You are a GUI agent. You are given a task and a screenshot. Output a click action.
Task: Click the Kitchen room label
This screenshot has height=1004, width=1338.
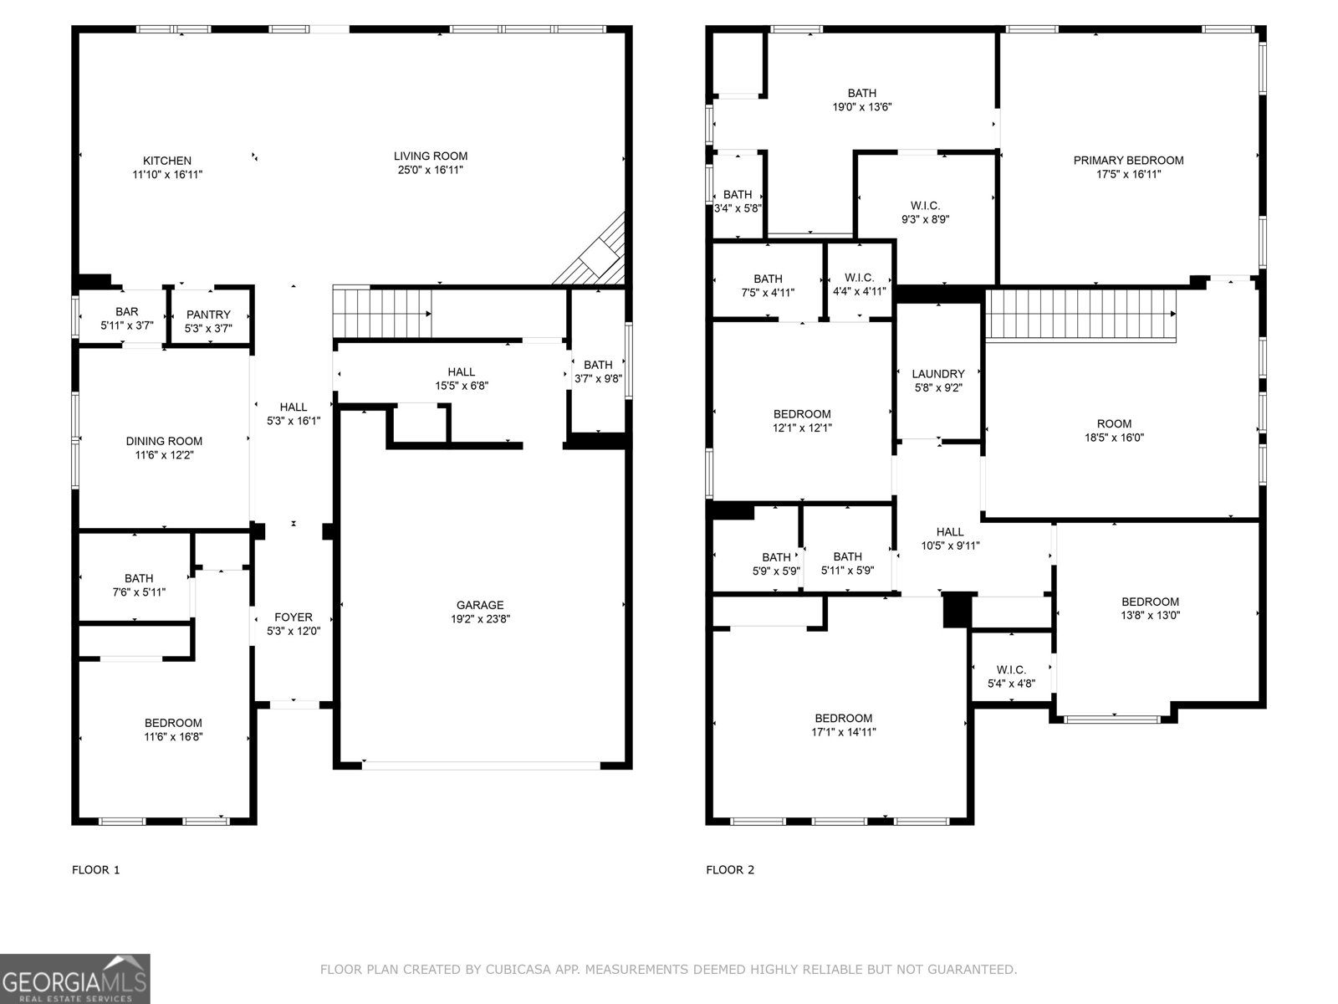pos(167,161)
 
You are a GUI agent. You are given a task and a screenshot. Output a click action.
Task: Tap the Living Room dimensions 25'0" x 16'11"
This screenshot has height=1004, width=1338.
pos(431,170)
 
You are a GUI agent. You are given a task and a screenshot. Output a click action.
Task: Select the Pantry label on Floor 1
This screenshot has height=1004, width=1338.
pos(208,315)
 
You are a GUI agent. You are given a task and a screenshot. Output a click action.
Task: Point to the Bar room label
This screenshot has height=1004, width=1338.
pos(127,311)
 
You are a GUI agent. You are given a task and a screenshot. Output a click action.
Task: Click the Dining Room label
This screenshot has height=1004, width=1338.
pos(164,442)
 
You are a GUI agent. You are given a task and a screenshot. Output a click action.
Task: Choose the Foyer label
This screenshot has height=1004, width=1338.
pos(294,617)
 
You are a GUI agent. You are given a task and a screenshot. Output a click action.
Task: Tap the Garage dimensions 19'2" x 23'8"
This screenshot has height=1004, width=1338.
pos(480,619)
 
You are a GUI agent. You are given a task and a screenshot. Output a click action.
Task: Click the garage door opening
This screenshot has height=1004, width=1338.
pos(482,766)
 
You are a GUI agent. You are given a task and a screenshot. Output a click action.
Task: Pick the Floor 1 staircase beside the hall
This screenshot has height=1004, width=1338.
pos(382,313)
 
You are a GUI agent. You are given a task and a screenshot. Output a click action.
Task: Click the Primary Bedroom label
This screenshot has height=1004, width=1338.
pos(1128,161)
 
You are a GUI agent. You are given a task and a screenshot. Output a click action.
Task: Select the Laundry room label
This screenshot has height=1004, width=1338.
pos(938,374)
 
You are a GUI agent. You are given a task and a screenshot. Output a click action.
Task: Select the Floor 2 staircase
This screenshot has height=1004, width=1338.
pos(1080,315)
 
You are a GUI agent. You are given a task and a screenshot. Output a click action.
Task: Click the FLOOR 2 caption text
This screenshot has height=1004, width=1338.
pos(730,870)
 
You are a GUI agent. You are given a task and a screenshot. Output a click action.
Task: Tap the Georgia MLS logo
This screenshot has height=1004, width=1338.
pos(75,979)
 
